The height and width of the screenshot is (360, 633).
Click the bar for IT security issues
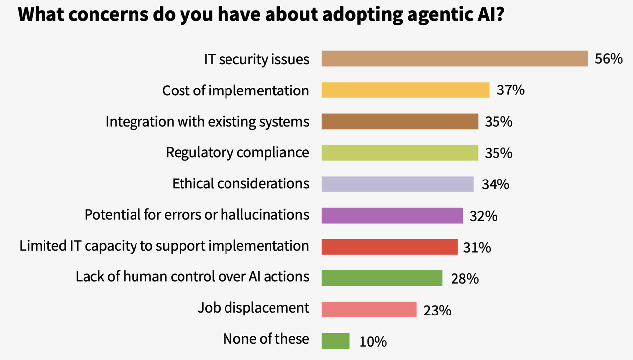pos(454,58)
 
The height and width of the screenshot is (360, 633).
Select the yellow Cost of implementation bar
pos(406,90)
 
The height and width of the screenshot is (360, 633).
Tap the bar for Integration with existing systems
pos(400,121)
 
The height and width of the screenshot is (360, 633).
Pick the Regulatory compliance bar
pos(400,152)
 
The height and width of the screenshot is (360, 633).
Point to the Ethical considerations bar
pos(398,184)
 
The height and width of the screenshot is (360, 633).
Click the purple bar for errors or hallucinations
pos(392,215)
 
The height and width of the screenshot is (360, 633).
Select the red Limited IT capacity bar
pos(390,246)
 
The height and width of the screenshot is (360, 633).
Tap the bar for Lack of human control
pos(382,278)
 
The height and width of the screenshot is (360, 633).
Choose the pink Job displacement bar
pos(369,309)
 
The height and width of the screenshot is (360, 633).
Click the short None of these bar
pos(335,341)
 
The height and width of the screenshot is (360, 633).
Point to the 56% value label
pos(608,59)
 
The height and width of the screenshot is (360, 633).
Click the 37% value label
pos(510,90)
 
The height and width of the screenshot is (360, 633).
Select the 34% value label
pos(495,184)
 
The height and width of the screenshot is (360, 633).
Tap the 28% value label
pos(464,279)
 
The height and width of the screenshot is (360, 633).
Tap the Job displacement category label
pos(253,307)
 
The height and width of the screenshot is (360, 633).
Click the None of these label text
pos(266,339)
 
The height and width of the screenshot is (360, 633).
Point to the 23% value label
pos(437,310)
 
